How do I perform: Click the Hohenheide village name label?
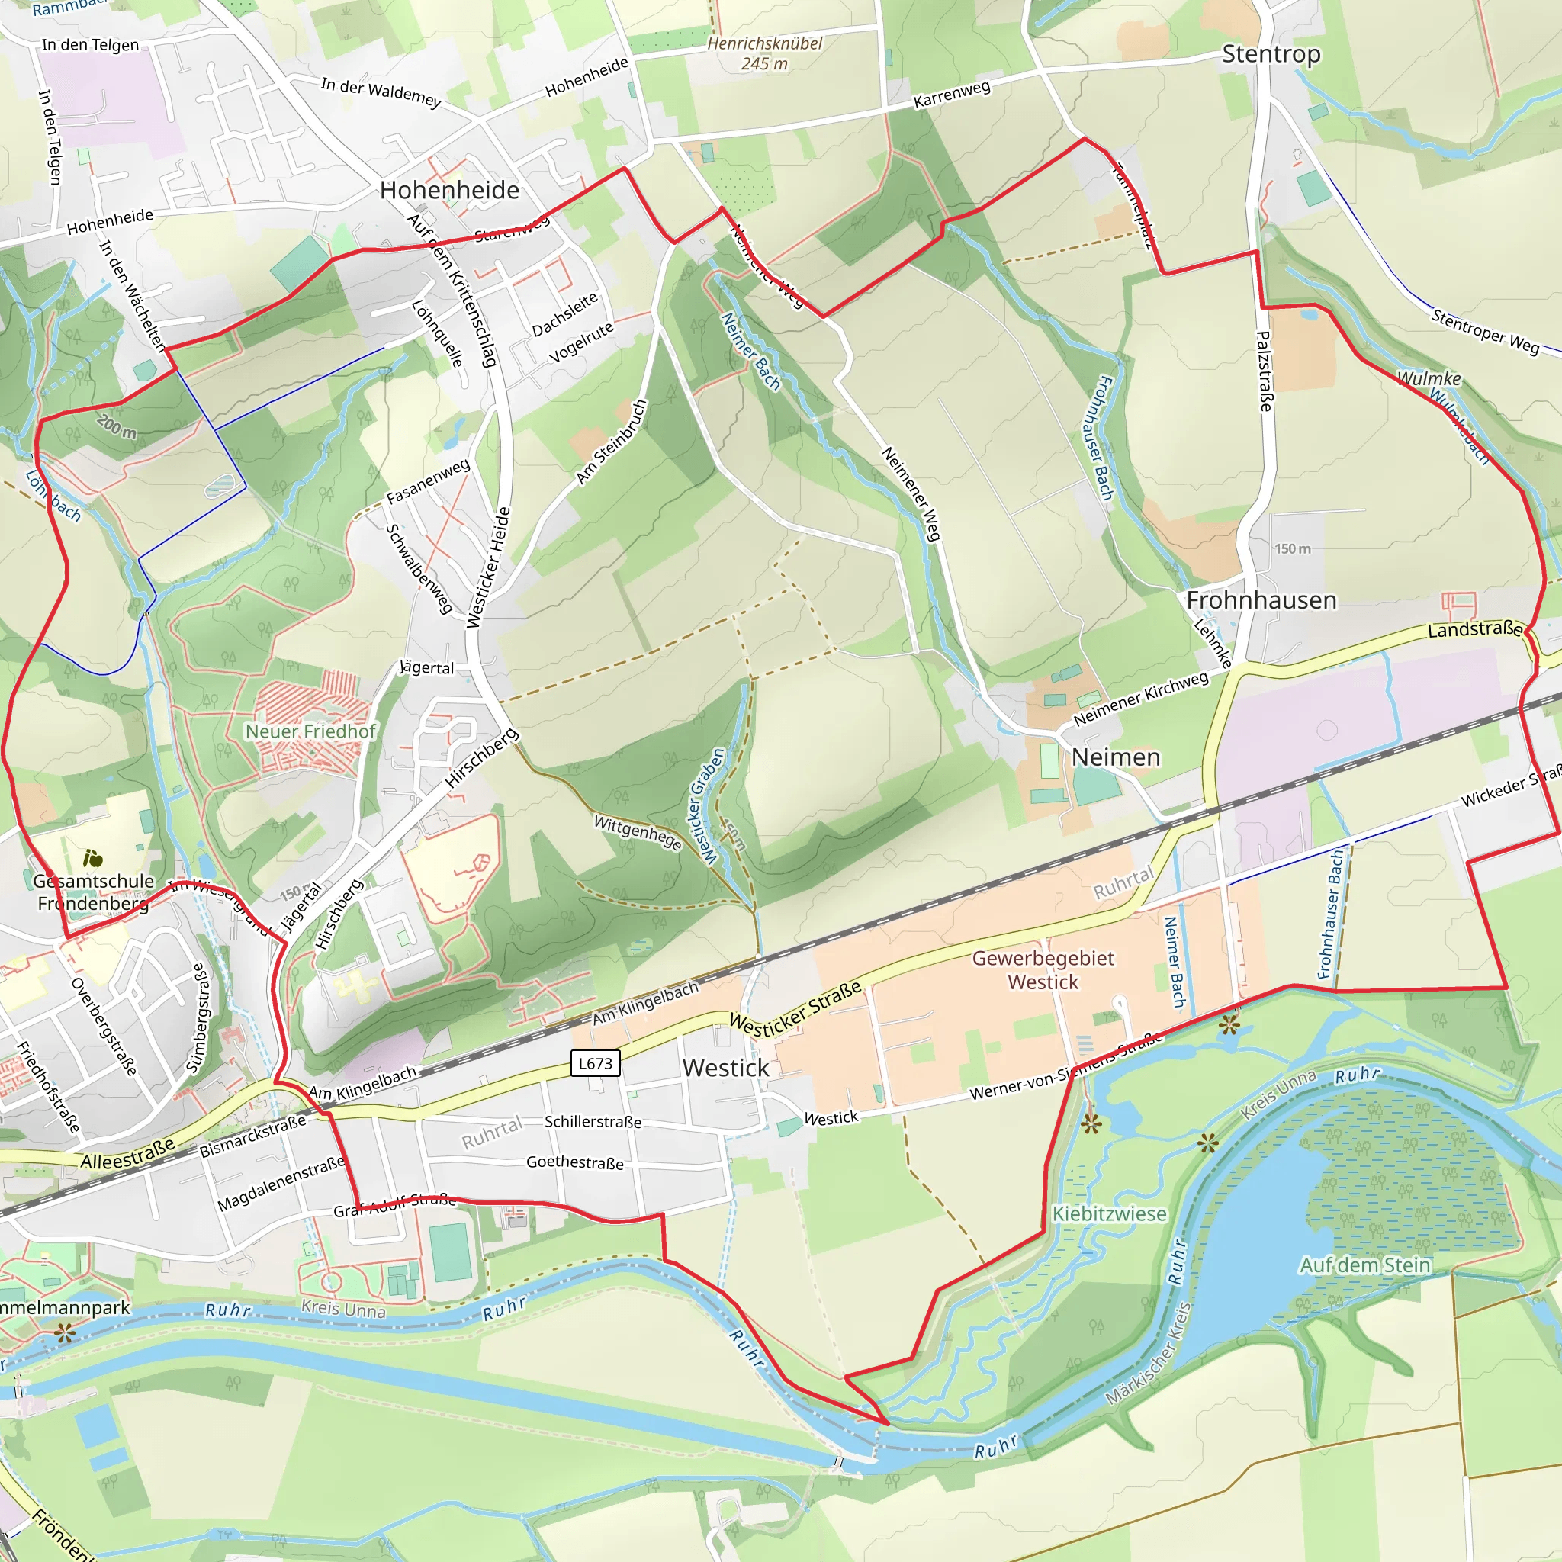449,190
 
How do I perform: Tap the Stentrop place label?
1271,54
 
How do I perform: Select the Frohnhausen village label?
1261,600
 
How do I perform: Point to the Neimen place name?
1116,757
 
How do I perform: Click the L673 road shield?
595,1063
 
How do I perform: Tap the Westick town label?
725,1068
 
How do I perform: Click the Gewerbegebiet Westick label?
1043,970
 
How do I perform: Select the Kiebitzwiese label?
1109,1213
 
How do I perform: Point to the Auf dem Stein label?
1364,1265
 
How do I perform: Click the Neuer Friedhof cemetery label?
310,731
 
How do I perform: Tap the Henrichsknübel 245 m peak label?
764,53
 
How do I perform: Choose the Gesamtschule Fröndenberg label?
94,892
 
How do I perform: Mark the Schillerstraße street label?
593,1121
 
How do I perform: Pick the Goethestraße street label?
574,1162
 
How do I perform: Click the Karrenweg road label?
952,95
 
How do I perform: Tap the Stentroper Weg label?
1485,331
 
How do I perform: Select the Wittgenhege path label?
638,833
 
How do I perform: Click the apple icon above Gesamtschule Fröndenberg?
93,858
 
